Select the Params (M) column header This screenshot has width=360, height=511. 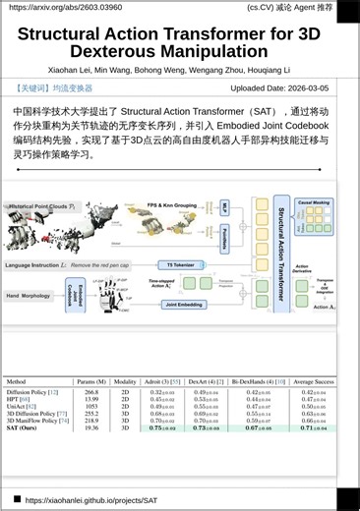(91, 380)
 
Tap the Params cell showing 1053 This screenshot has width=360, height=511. (91, 407)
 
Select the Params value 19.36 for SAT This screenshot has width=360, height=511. (91, 428)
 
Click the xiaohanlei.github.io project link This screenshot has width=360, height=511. (90, 500)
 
